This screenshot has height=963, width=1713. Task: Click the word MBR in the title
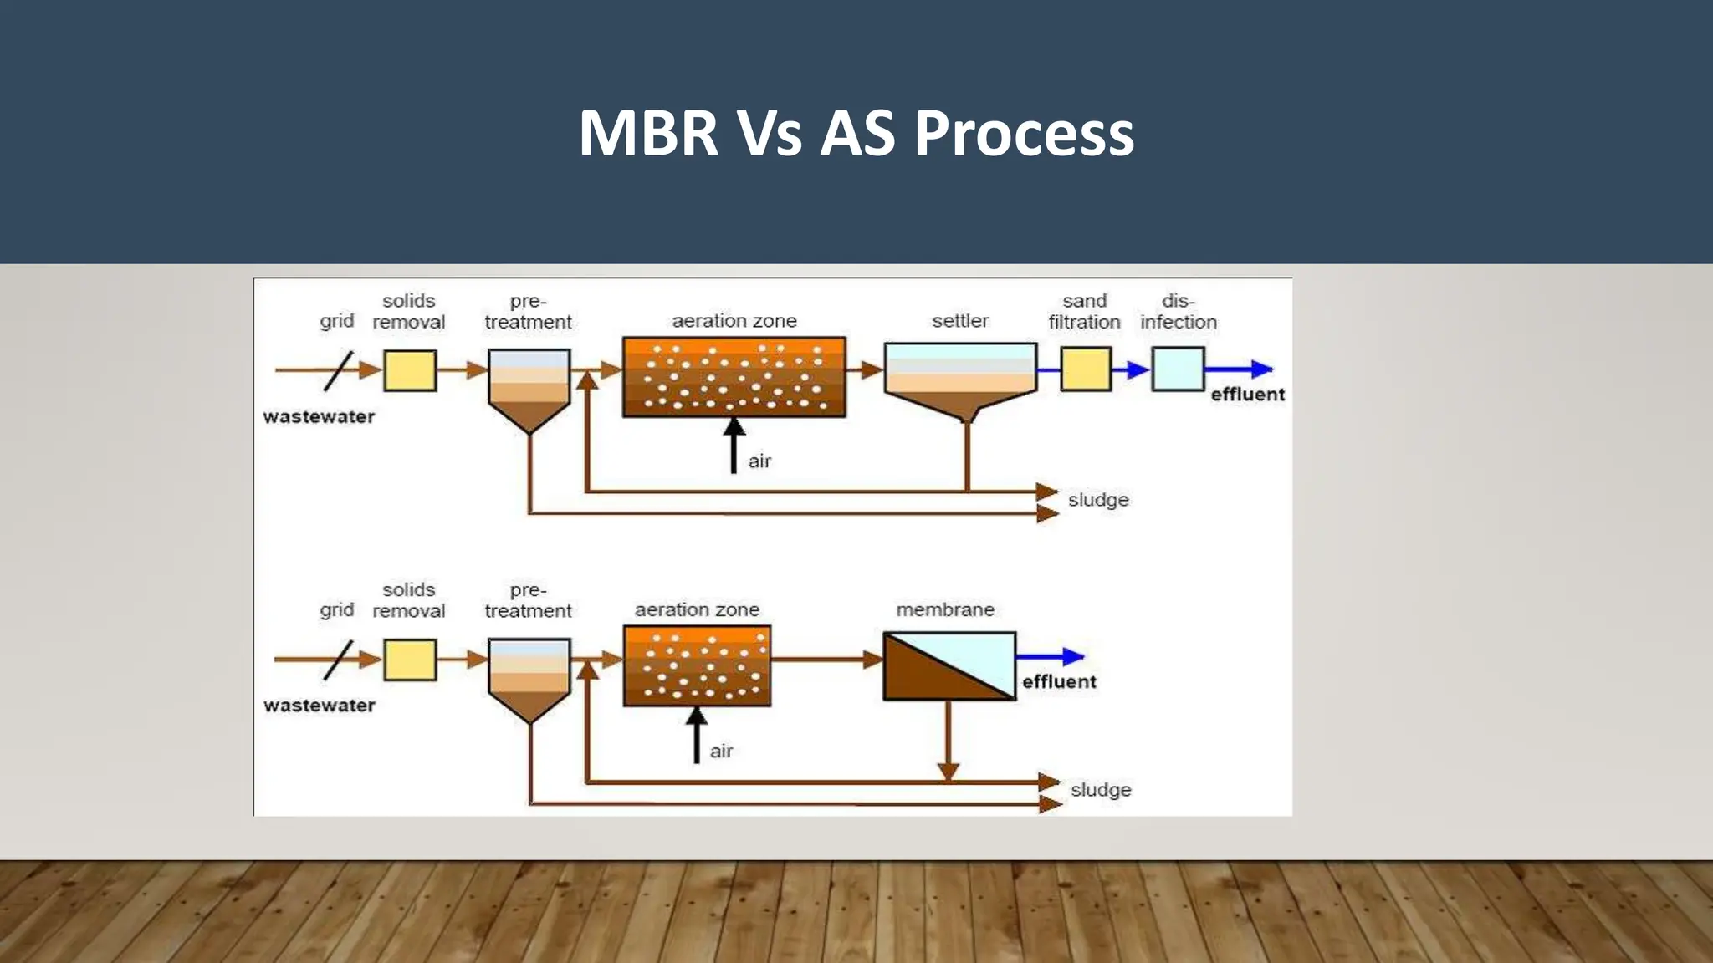pyautogui.click(x=648, y=134)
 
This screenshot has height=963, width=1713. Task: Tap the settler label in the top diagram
pyautogui.click(x=960, y=321)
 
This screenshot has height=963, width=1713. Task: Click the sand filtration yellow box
pyautogui.click(x=1086, y=369)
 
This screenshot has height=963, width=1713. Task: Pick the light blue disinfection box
pyautogui.click(x=1178, y=369)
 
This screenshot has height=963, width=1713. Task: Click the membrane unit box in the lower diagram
pyautogui.click(x=949, y=666)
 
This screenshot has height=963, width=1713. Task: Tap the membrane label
pyautogui.click(x=945, y=610)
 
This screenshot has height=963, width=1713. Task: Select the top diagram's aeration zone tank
pyautogui.click(x=734, y=376)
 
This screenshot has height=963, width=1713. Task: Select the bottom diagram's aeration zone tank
pyautogui.click(x=697, y=665)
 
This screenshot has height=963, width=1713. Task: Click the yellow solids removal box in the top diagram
pyautogui.click(x=410, y=370)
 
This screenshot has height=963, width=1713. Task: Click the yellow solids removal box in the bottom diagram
pyautogui.click(x=410, y=660)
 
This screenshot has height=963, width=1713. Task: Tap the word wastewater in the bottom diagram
pyautogui.click(x=320, y=706)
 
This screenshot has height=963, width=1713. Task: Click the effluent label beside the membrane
pyautogui.click(x=1059, y=682)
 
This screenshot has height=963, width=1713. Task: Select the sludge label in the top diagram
pyautogui.click(x=1098, y=500)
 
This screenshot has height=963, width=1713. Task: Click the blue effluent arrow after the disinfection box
pyautogui.click(x=1240, y=369)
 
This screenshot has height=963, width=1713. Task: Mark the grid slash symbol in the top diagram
pyautogui.click(x=338, y=370)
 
